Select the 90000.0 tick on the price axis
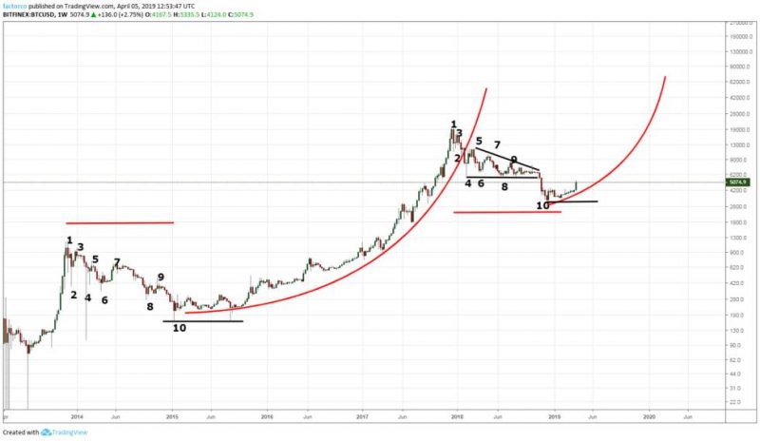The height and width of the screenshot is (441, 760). tap(737, 67)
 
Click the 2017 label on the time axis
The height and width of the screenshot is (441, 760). tap(362, 416)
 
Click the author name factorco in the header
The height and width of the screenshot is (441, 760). tap(14, 5)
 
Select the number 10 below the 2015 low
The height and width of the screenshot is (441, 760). tap(180, 329)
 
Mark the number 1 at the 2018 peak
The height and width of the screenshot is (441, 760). tap(454, 125)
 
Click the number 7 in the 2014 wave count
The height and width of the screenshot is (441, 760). tap(117, 262)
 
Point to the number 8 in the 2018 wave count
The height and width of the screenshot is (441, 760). tap(504, 187)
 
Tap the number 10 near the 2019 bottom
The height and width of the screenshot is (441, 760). tap(542, 205)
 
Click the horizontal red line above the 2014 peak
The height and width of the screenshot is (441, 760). tap(120, 223)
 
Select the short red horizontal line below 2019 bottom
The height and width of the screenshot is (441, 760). tap(507, 212)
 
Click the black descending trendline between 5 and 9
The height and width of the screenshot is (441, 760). tap(507, 160)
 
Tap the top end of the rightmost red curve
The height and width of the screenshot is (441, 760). tap(665, 76)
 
